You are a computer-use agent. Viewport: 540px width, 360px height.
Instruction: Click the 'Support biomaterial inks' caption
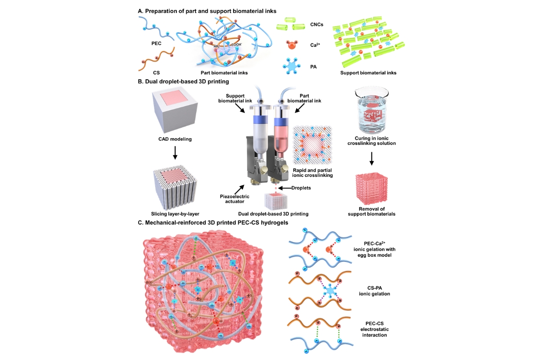pyautogui.click(x=368, y=72)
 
